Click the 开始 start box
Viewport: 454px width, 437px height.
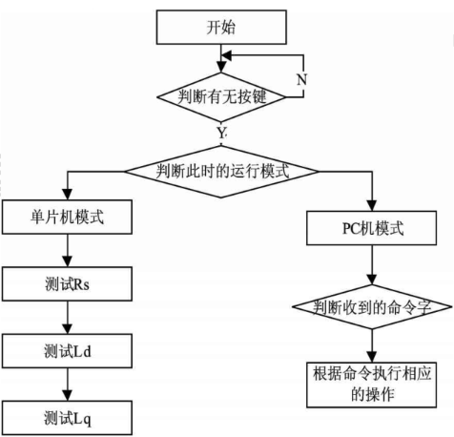tap(221, 27)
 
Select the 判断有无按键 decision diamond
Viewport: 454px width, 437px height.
tap(221, 97)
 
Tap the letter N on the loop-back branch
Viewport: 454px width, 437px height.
tap(301, 79)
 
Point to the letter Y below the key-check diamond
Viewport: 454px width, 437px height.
tap(222, 133)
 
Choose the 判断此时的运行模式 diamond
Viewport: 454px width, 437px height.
tap(221, 172)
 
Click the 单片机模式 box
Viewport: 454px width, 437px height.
tap(67, 218)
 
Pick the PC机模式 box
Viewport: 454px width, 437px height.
tap(371, 228)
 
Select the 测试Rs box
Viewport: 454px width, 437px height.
tap(67, 284)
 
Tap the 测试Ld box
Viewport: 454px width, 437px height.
tap(67, 351)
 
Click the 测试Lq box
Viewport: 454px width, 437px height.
tap(67, 418)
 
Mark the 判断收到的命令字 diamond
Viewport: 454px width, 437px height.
tap(372, 307)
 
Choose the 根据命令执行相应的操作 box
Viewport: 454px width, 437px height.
tap(371, 385)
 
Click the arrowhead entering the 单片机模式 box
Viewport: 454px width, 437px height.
tap(68, 195)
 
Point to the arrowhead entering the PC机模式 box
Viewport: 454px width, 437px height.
tap(372, 206)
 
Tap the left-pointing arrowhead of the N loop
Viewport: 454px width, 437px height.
tap(227, 55)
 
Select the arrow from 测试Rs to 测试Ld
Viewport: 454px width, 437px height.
tap(68, 318)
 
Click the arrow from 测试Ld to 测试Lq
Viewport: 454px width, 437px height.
tap(68, 385)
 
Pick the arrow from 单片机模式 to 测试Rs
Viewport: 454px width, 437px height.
tap(68, 251)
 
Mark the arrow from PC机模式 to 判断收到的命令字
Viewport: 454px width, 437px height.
tap(372, 265)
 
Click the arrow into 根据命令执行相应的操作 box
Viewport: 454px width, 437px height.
tap(372, 345)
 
